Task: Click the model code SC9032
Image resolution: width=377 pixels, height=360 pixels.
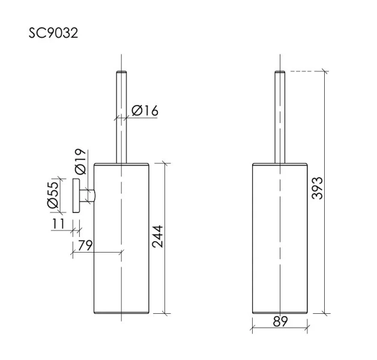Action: point(53,32)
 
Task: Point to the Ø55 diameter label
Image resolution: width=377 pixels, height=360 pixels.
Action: point(53,195)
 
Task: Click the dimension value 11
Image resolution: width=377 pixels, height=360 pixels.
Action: point(59,224)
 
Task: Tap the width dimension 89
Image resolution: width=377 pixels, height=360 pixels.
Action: point(279,322)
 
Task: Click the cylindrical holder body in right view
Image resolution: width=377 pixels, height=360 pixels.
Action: point(280,240)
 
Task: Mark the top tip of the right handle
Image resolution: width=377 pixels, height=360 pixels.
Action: point(280,73)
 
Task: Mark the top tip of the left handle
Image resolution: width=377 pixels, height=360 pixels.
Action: point(121,73)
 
